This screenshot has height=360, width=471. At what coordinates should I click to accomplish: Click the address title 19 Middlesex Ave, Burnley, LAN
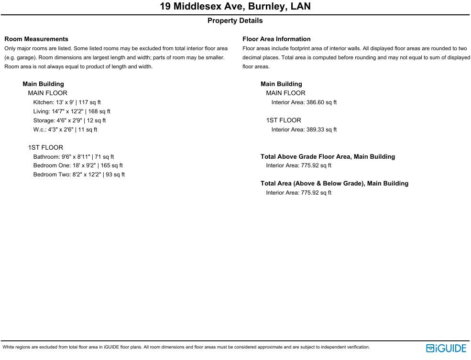235,7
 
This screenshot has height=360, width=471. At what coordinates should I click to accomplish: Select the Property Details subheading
235,21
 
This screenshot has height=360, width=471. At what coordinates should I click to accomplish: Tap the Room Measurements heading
36,39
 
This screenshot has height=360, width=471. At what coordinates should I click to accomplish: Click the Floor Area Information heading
276,39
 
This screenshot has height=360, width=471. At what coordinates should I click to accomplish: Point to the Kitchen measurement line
67,102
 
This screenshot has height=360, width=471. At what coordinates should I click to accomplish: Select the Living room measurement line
72,111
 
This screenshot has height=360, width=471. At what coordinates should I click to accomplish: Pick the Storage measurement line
69,120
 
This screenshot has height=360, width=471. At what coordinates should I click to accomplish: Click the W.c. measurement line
65,130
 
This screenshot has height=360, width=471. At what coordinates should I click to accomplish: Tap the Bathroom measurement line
74,157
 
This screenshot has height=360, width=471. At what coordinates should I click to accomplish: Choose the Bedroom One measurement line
78,165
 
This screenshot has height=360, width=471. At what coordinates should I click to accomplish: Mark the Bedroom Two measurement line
79,175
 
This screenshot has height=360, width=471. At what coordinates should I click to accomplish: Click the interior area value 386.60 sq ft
321,102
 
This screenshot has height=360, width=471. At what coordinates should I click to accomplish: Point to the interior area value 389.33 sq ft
321,130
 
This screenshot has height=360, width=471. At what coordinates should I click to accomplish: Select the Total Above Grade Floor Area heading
328,157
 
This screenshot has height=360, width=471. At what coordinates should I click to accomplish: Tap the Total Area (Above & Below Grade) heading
334,184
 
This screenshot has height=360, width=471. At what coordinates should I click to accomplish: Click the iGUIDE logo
446,348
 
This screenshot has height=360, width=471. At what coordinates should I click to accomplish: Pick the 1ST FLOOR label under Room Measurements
45,148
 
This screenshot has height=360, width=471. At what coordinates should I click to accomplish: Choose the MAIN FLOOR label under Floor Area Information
285,93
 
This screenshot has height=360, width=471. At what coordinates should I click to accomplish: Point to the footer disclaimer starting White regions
186,348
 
